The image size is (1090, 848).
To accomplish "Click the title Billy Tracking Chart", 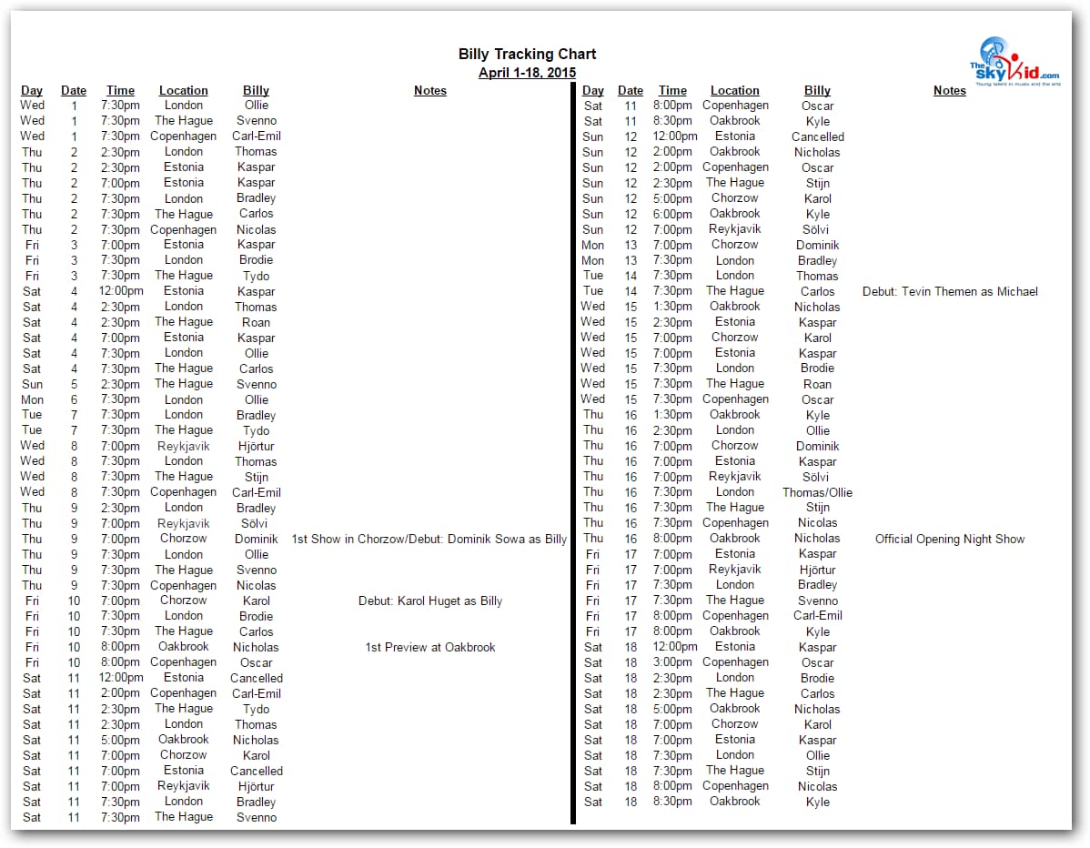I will [x=527, y=55].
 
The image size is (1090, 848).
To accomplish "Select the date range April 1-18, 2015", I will [x=527, y=73].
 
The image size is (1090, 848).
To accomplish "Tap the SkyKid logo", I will [x=1014, y=62].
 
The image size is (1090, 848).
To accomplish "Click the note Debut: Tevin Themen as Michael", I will [x=950, y=292].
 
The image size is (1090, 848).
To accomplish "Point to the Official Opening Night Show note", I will [x=950, y=540].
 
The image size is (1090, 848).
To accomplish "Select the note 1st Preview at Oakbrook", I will [x=430, y=648].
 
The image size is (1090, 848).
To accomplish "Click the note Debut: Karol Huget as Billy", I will [x=430, y=601].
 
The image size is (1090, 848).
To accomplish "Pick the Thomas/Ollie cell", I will [x=817, y=493].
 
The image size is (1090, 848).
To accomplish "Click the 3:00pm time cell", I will [x=672, y=662].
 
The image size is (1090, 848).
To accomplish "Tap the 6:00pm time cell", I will [x=672, y=214].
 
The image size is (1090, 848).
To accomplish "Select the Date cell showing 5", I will [x=74, y=385].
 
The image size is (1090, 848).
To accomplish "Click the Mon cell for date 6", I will [x=32, y=400].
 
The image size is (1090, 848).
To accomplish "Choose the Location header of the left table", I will [x=184, y=91].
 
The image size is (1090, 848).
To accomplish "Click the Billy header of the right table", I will [x=817, y=91].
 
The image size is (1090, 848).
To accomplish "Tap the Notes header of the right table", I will [x=949, y=91].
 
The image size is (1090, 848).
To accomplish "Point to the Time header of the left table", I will [x=120, y=91].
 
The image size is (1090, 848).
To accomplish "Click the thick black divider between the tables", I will [x=574, y=455].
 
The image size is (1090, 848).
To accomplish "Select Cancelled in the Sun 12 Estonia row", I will [x=817, y=137].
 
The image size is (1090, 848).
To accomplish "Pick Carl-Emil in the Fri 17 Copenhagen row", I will [x=817, y=616].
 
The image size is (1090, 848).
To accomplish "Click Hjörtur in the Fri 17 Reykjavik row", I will [x=817, y=570].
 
